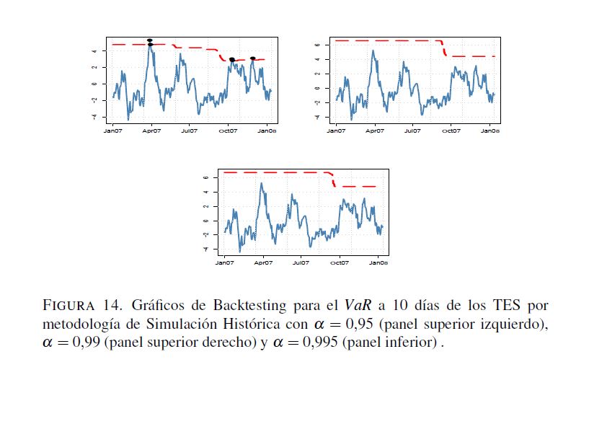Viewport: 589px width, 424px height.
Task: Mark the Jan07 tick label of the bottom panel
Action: (x=224, y=263)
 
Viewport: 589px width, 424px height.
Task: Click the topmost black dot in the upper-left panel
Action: (x=149, y=40)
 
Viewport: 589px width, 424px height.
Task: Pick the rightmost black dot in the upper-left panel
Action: (x=253, y=58)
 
